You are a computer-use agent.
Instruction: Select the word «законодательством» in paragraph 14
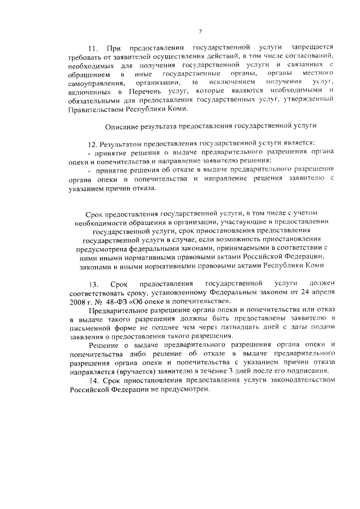pyautogui.click(x=296, y=381)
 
